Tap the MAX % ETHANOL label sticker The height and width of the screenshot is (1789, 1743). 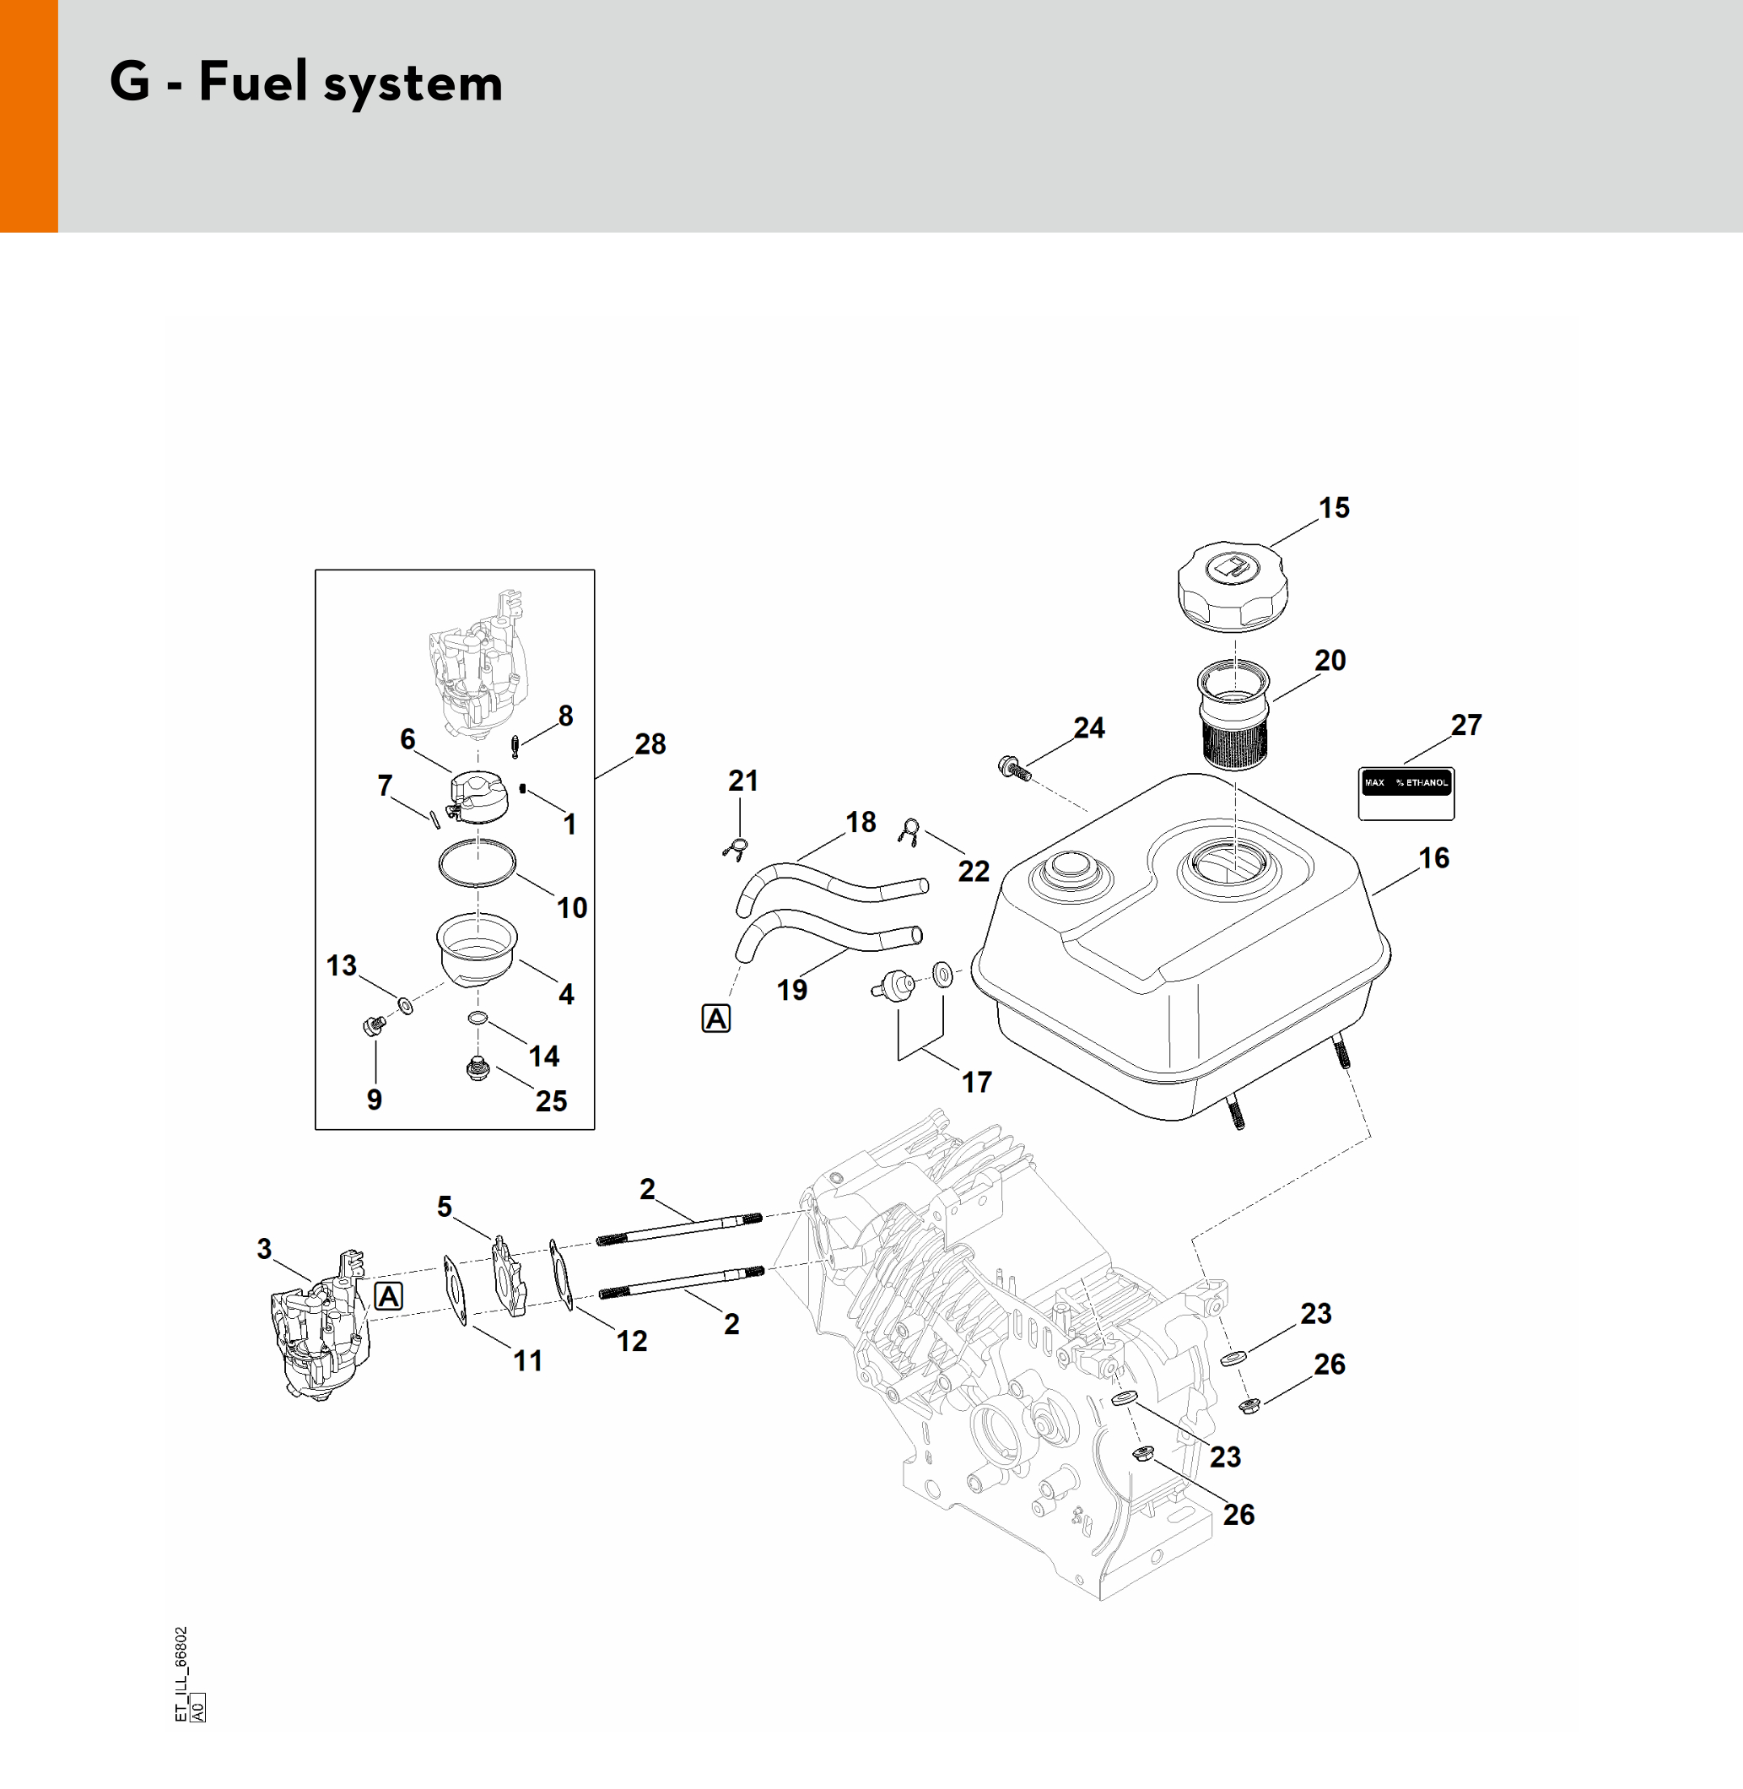1406,793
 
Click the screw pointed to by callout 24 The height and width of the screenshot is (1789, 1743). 1013,768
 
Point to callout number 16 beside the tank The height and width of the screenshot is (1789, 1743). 1433,858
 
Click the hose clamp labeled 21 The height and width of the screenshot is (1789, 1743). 737,850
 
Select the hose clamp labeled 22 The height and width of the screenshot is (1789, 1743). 909,830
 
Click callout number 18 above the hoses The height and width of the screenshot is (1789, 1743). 861,821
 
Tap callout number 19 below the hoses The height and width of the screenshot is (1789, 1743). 792,990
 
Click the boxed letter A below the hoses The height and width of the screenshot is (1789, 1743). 716,1018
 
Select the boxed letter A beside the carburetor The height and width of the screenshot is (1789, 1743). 389,1295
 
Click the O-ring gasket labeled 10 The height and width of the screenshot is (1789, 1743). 477,862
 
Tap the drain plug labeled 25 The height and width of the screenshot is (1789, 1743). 477,1067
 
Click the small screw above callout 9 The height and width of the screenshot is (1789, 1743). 374,1025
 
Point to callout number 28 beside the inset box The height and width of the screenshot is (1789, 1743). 650,743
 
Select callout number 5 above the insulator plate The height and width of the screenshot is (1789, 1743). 444,1206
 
